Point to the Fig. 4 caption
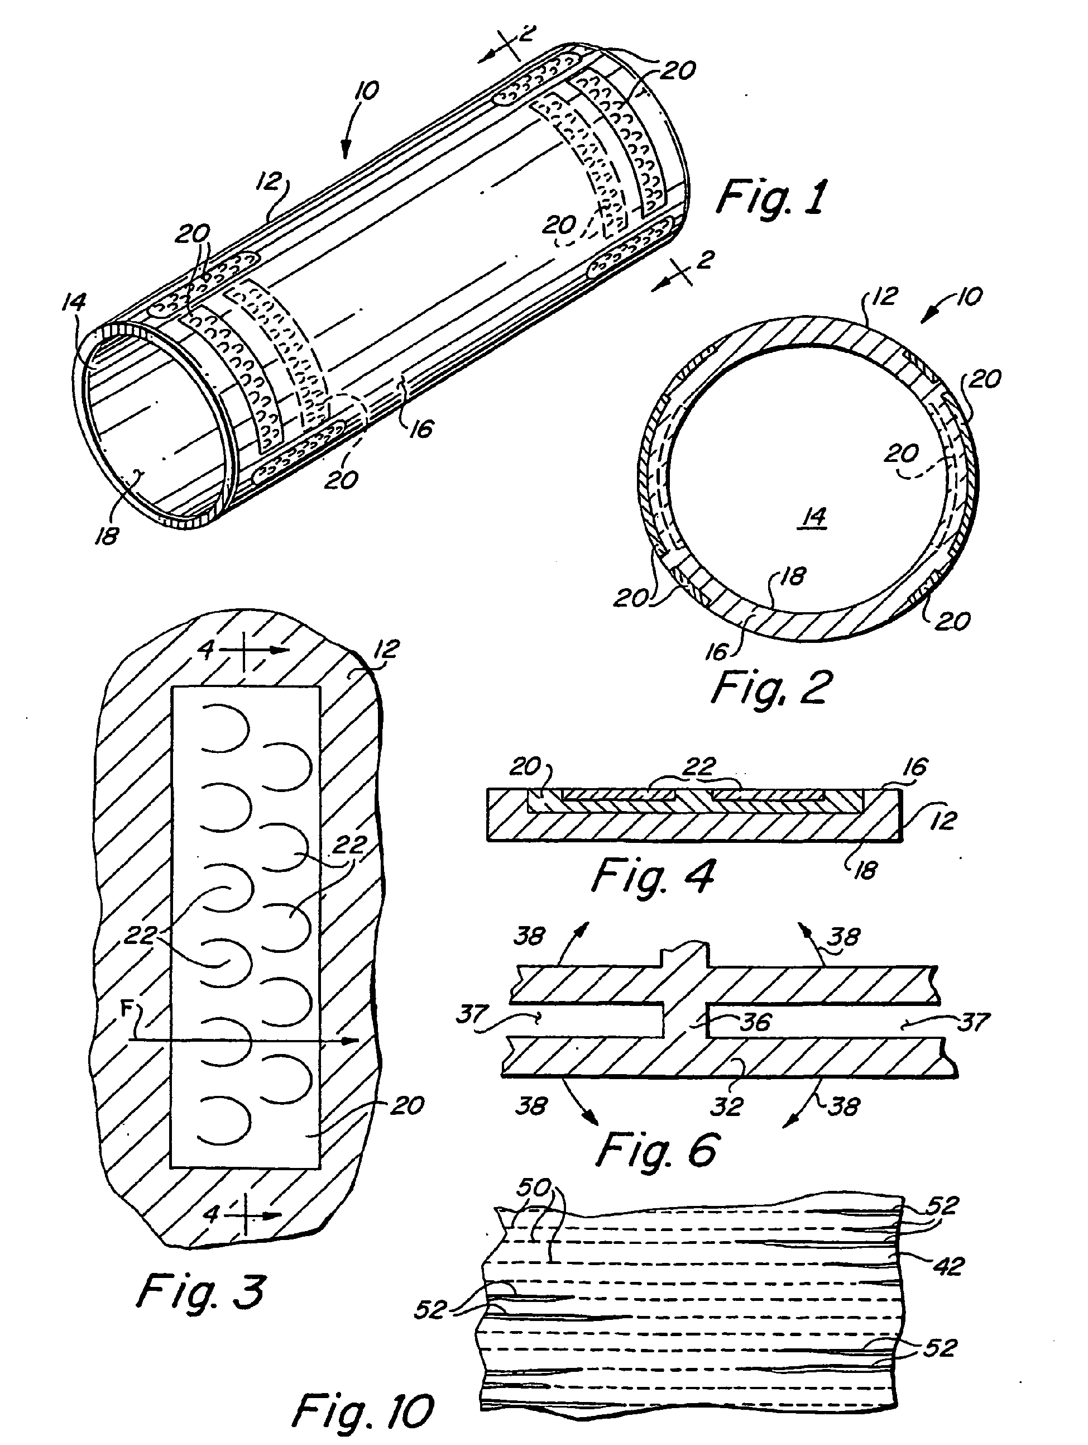[653, 876]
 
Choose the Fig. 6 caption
[657, 1150]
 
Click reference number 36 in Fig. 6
[756, 1022]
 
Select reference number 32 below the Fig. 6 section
[727, 1106]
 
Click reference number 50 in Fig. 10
[534, 1188]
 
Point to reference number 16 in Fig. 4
[914, 767]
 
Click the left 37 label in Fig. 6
[472, 1014]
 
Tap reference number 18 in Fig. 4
[865, 870]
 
